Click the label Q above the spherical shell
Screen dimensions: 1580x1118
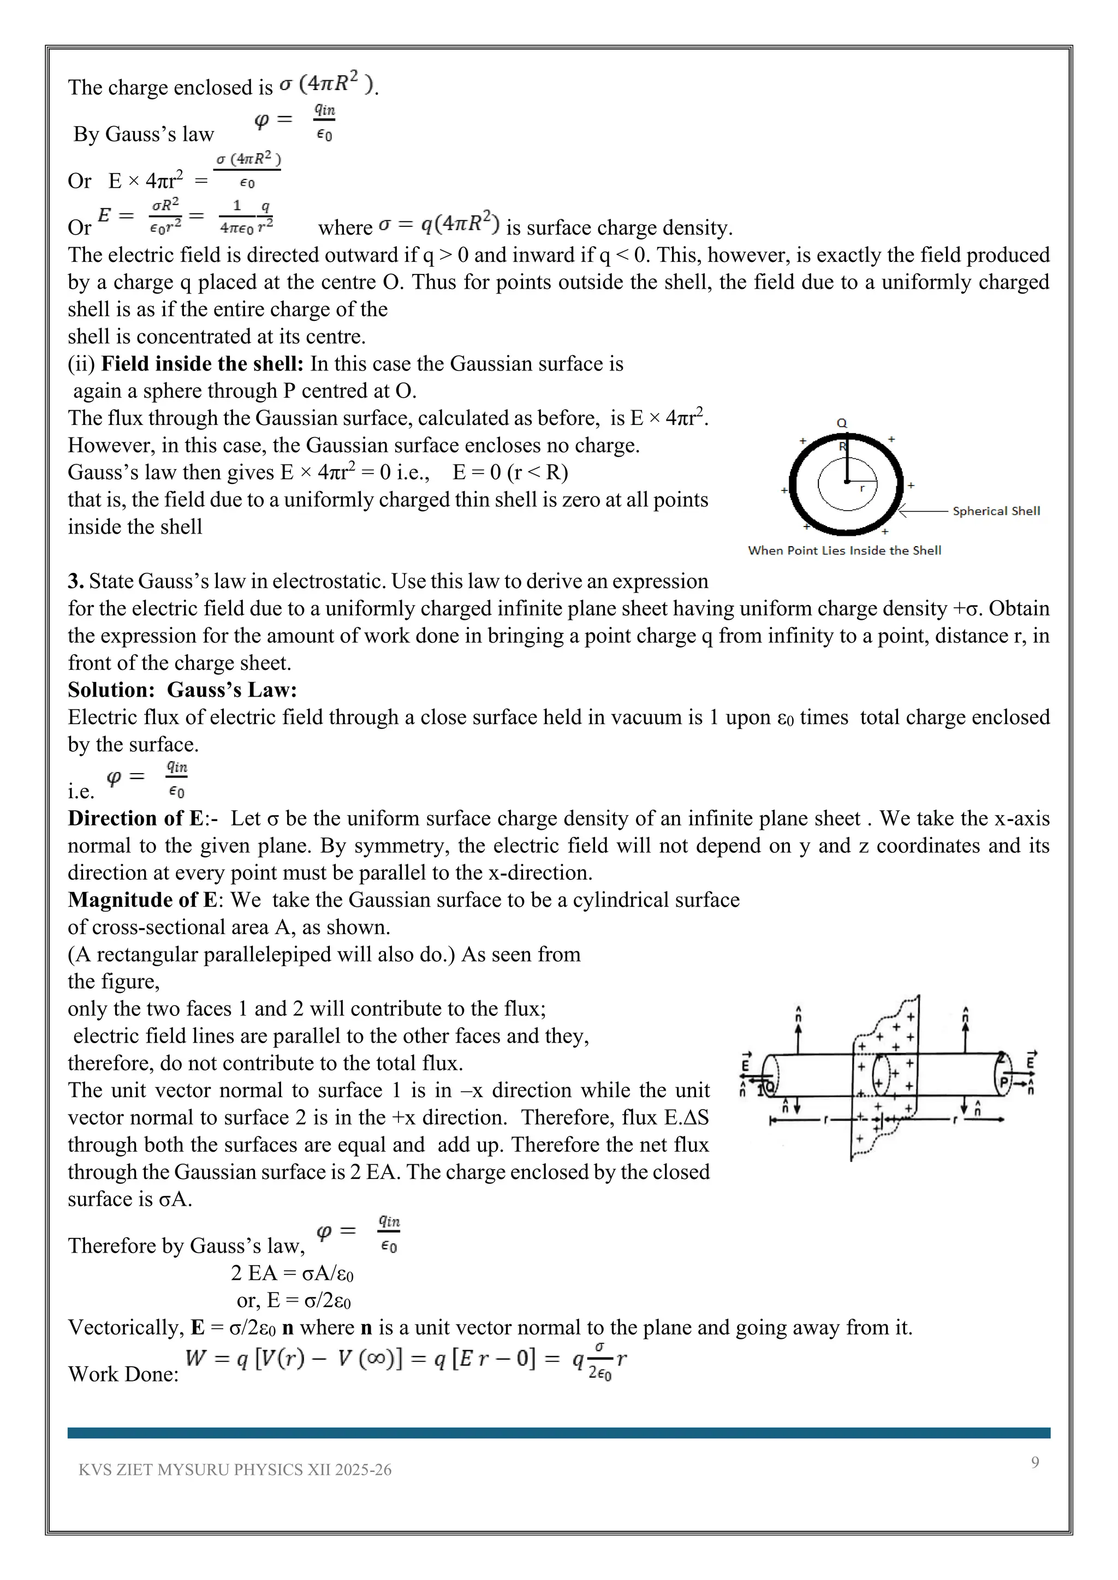(x=841, y=423)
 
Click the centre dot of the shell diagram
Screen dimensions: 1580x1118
(x=847, y=482)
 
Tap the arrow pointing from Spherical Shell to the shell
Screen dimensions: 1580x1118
(x=923, y=511)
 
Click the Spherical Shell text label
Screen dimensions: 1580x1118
(x=996, y=511)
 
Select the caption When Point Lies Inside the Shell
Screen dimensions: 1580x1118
(x=844, y=550)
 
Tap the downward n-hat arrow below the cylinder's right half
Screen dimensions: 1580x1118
(x=965, y=1107)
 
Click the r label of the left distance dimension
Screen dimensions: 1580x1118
(x=825, y=1120)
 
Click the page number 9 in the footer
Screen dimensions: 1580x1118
(x=1034, y=1462)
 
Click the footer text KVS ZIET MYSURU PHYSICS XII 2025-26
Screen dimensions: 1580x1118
(x=235, y=1470)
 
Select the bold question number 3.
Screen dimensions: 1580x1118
(x=75, y=582)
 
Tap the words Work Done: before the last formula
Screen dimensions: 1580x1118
(x=123, y=1374)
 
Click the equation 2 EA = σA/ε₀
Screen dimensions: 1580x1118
(x=292, y=1274)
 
